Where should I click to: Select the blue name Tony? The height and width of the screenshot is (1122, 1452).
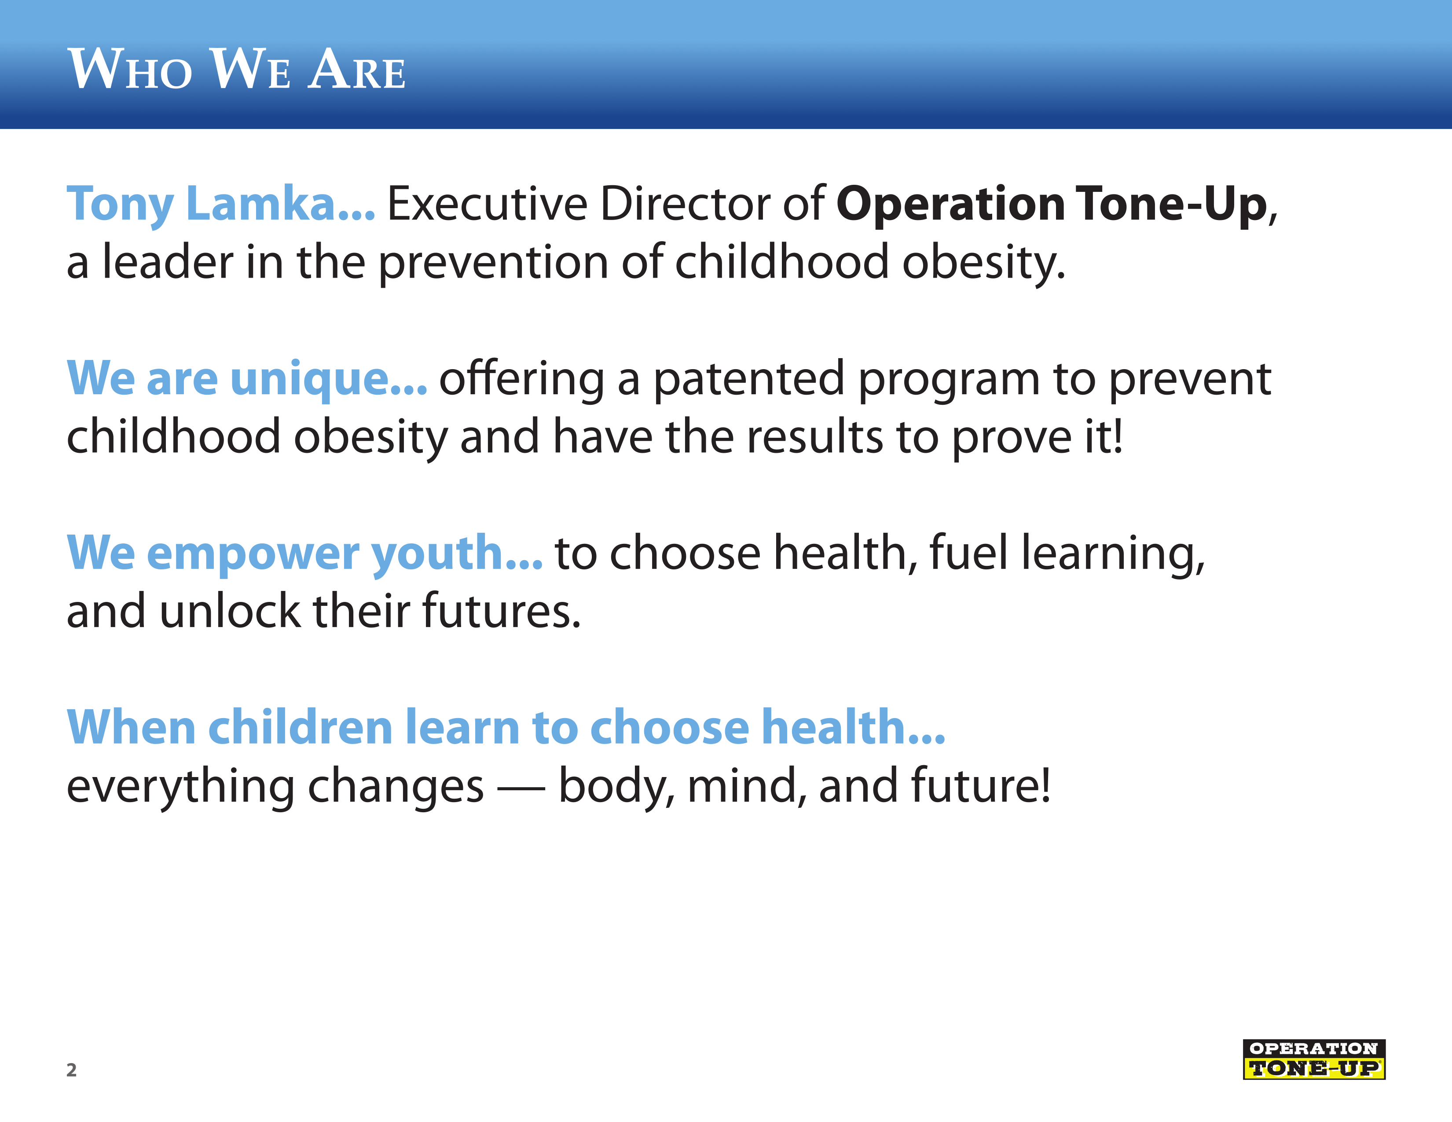click(x=120, y=205)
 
